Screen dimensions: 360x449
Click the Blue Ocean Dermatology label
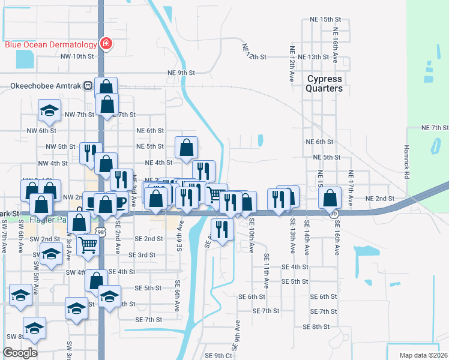point(51,44)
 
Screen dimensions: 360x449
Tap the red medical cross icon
point(106,44)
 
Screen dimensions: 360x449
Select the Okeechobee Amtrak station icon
point(88,86)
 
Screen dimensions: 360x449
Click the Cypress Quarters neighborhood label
point(325,83)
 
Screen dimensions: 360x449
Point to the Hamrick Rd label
point(406,156)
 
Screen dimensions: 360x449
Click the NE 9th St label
point(181,73)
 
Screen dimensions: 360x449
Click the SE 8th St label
point(316,326)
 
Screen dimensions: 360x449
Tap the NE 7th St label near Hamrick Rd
point(435,128)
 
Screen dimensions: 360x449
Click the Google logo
point(20,353)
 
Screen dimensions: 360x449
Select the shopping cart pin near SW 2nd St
point(88,245)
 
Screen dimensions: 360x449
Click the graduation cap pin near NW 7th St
point(50,110)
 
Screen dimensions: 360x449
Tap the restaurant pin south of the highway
point(222,229)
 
